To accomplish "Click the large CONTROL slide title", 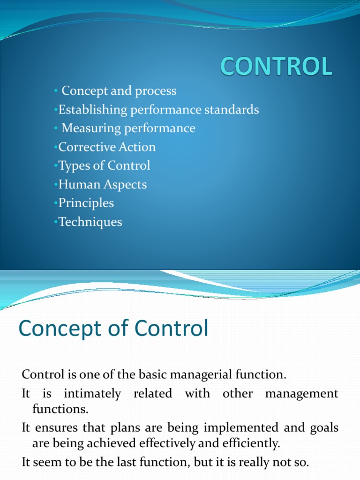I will pyautogui.click(x=277, y=67).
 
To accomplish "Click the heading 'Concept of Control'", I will pyautogui.click(x=113, y=329).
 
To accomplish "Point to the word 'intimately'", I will pyautogui.click(x=92, y=394).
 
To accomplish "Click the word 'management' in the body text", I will pyautogui.click(x=301, y=394).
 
